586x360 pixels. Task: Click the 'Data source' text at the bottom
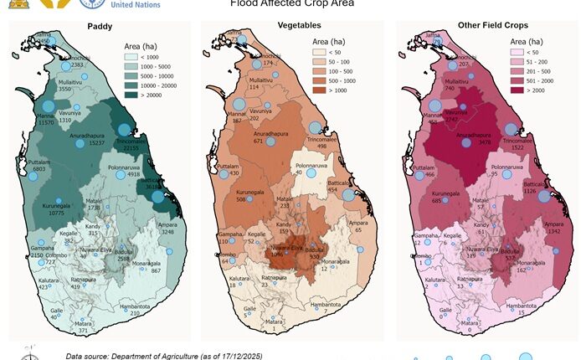163,356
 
